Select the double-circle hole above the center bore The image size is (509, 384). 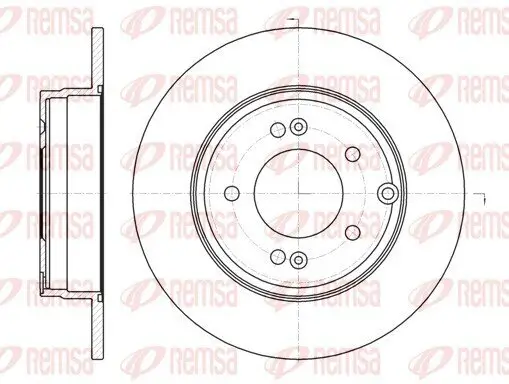pyautogui.click(x=297, y=127)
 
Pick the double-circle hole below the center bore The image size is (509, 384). pyautogui.click(x=297, y=260)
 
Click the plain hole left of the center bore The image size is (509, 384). pyautogui.click(x=231, y=193)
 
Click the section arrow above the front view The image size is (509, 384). pyautogui.click(x=291, y=20)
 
